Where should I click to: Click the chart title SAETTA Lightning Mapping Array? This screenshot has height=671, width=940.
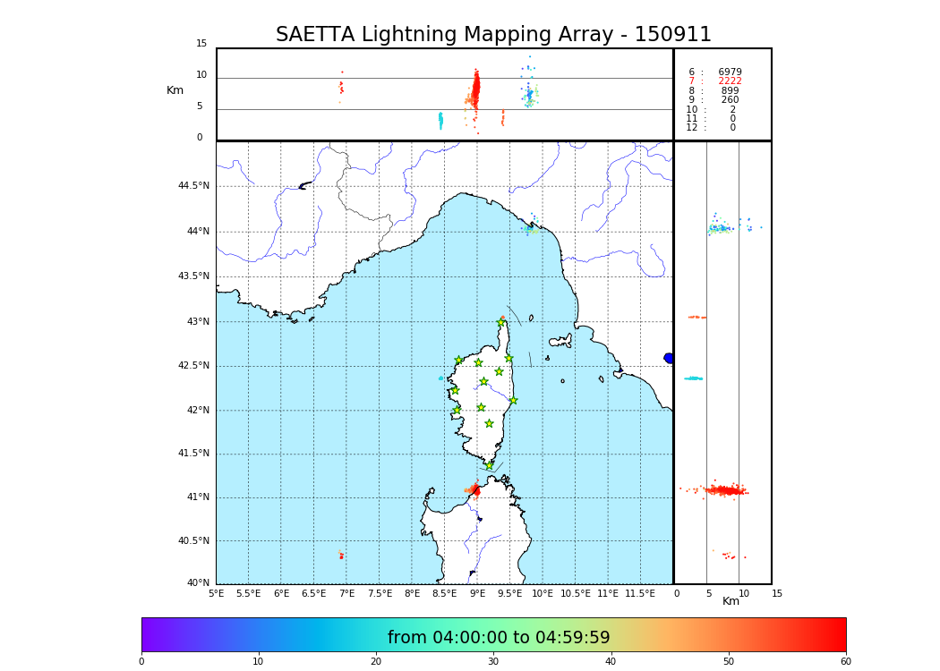pos(493,35)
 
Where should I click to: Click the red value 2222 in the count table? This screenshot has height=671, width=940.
pos(730,81)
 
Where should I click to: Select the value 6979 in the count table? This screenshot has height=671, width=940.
pos(730,72)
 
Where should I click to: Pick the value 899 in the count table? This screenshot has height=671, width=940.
pos(730,91)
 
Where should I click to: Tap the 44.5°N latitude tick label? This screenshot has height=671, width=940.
pos(193,186)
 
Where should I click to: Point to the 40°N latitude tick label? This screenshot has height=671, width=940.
pos(198,583)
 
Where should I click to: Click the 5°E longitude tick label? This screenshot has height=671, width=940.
pos(217,593)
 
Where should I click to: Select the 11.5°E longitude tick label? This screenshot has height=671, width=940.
pos(641,593)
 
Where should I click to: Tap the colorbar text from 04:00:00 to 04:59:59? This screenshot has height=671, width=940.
pos(499,638)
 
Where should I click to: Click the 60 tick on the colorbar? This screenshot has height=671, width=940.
pos(845,662)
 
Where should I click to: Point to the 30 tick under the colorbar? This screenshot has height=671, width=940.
pos(493,662)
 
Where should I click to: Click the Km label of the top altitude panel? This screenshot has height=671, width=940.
pos(175,90)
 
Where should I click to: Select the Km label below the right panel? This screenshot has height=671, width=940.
pos(731,601)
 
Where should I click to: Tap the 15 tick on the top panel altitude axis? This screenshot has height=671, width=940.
pos(201,44)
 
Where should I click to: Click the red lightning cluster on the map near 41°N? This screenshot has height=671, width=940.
pos(474,489)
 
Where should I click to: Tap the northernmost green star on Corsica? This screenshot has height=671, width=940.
pos(501,322)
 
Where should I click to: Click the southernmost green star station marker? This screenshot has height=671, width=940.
pos(490,465)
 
